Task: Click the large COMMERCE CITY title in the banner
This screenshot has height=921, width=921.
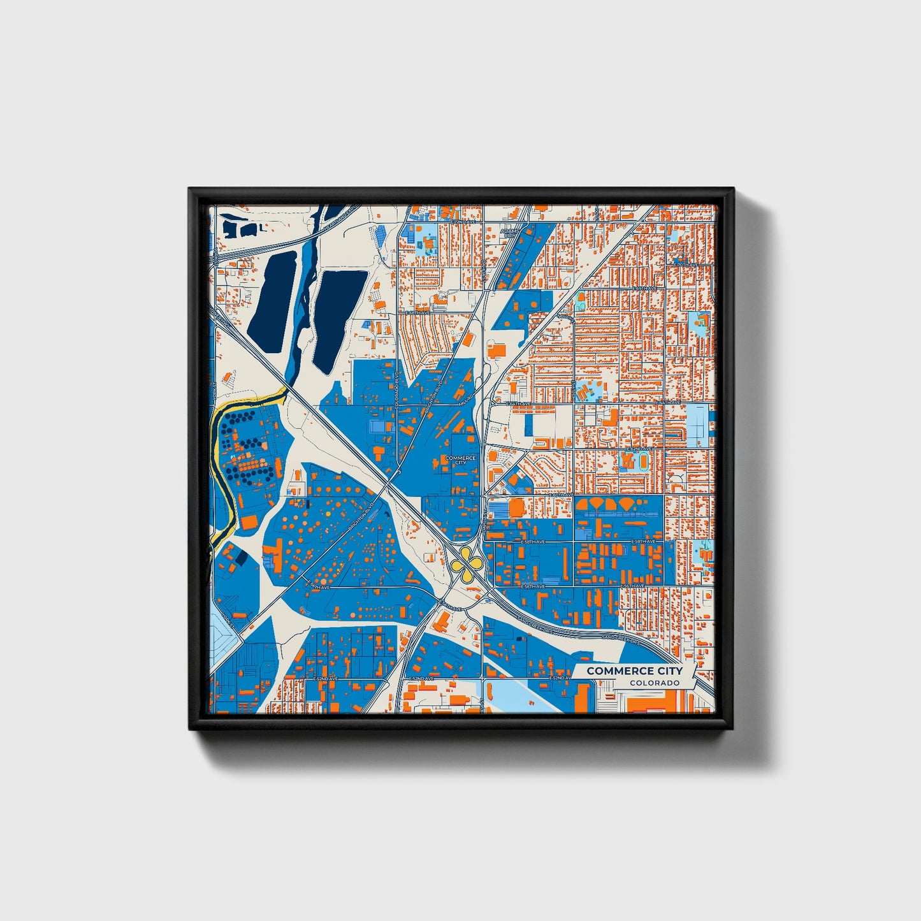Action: tap(634, 671)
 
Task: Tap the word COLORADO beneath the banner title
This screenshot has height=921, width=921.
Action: tap(655, 683)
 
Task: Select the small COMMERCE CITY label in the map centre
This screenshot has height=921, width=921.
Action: tap(460, 460)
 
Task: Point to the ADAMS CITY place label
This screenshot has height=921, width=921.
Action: tap(509, 233)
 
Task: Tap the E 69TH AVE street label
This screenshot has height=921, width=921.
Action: tap(644, 289)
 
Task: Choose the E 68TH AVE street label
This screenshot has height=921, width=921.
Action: tap(417, 313)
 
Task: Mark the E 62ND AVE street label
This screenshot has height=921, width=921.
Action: tap(637, 449)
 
